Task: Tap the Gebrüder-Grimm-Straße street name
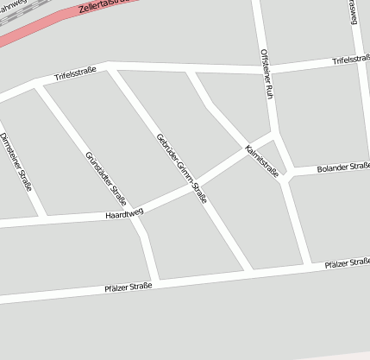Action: coord(182,167)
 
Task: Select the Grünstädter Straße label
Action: coord(106,177)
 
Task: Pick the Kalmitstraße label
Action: coord(261,159)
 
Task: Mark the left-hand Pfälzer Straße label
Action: coord(128,287)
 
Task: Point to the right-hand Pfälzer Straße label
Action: coord(347,262)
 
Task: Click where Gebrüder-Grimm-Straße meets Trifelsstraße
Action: coord(110,69)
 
